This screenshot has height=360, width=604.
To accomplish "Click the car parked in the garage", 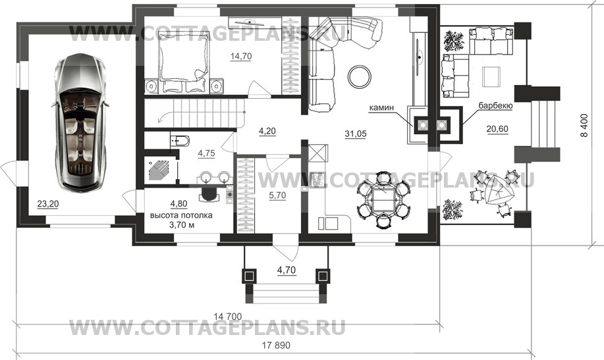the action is click(x=81, y=122).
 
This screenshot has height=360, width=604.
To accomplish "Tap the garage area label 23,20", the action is click(x=48, y=203).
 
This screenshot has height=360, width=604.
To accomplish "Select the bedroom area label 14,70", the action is click(x=241, y=56).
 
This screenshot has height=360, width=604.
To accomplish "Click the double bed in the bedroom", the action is click(x=184, y=62).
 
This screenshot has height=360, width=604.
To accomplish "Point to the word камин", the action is click(x=381, y=108).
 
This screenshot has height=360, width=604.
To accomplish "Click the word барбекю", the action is click(x=495, y=105).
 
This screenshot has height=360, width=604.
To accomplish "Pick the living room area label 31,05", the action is click(x=356, y=134).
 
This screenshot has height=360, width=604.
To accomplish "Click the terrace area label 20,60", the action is click(x=497, y=130).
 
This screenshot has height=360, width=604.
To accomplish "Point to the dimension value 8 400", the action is click(x=586, y=126).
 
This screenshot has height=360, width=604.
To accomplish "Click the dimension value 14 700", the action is click(x=228, y=317).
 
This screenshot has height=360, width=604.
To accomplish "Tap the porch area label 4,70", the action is click(x=287, y=270).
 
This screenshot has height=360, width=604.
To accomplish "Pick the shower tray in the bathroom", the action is click(x=159, y=169).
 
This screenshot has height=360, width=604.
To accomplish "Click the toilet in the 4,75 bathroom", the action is click(x=180, y=141).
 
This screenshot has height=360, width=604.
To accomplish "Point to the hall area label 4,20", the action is click(x=267, y=131).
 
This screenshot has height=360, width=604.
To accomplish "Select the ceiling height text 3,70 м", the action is click(x=181, y=225).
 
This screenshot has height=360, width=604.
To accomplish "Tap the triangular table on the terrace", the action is click(x=496, y=190).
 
